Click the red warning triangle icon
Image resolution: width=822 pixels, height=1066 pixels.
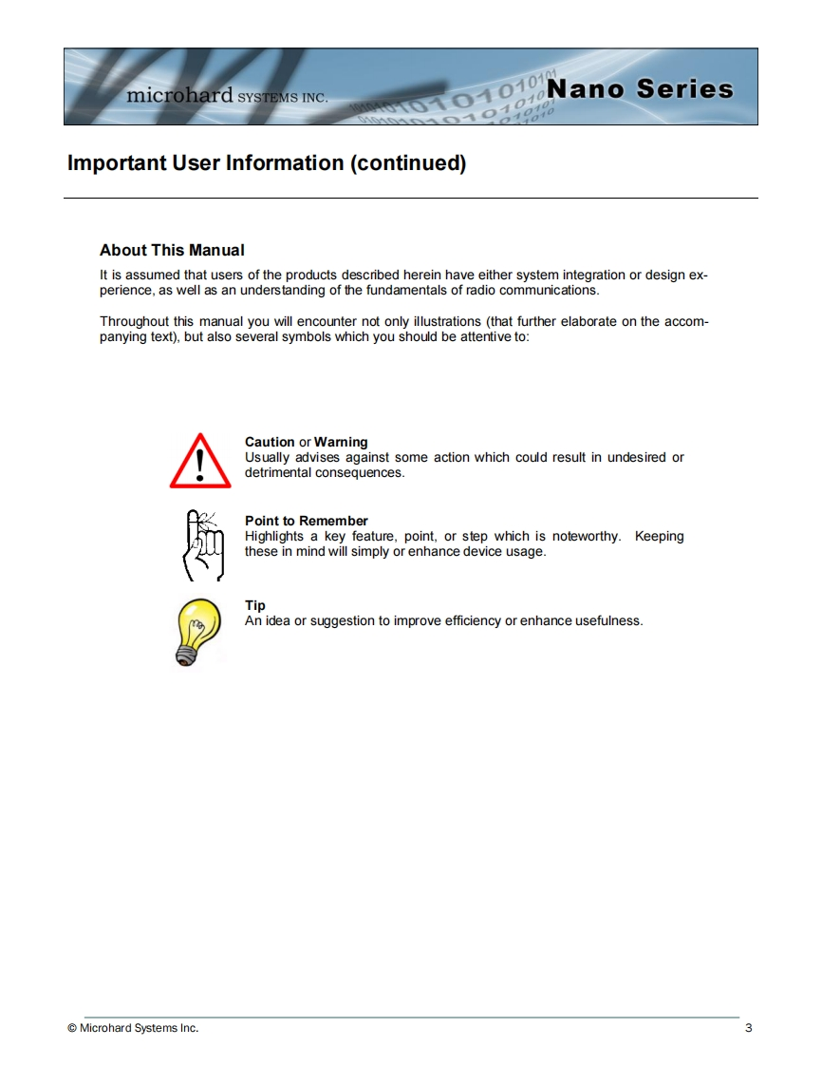(200, 462)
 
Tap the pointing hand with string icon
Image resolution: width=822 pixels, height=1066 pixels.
(203, 544)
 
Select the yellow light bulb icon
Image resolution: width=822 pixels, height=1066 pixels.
(198, 629)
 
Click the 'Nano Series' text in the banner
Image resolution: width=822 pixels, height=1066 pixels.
(641, 89)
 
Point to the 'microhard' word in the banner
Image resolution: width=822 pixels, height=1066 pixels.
(179, 96)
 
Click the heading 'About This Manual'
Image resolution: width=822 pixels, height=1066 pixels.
(172, 251)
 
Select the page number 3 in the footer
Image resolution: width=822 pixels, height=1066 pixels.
(748, 1028)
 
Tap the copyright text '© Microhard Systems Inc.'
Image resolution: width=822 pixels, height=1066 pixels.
(133, 1028)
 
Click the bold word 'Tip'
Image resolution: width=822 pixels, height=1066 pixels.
(255, 605)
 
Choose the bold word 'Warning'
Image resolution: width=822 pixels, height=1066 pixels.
(341, 442)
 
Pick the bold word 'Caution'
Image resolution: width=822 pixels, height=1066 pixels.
(270, 442)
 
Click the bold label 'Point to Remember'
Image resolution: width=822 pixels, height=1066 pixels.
(306, 521)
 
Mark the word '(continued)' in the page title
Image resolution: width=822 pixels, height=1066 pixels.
(408, 163)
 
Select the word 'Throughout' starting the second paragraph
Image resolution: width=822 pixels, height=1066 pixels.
(134, 321)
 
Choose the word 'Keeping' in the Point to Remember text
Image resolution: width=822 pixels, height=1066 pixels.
(659, 536)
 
